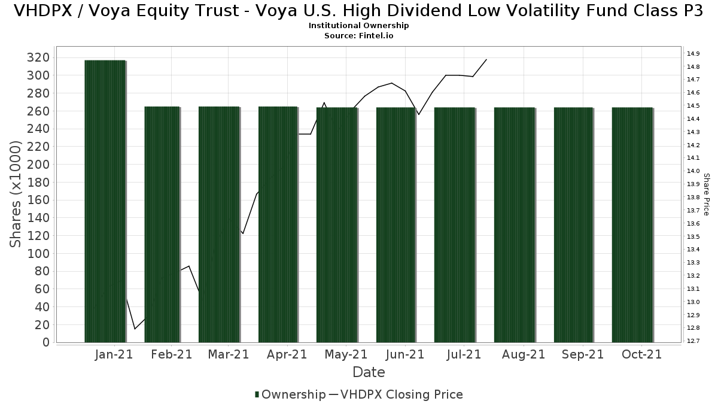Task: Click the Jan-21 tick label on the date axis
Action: (x=114, y=354)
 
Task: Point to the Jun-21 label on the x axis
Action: (x=405, y=354)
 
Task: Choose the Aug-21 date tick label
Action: (x=524, y=354)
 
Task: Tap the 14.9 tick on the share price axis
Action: (x=693, y=53)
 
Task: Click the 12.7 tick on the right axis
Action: (x=693, y=341)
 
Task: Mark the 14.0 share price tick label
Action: (x=693, y=171)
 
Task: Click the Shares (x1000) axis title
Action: (x=17, y=194)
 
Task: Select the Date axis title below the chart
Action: (x=369, y=372)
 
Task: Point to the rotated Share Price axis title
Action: (x=706, y=194)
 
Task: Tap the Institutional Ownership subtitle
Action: (x=359, y=26)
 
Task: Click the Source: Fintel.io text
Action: (x=359, y=35)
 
